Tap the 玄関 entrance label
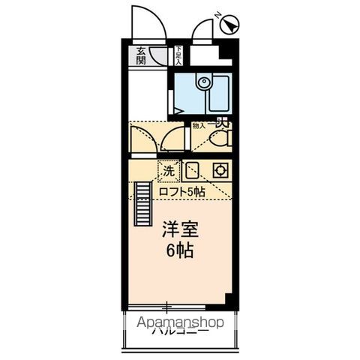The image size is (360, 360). coord(142,57)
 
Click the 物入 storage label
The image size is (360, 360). coord(198,127)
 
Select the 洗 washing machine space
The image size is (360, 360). coord(169,170)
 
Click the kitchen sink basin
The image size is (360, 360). coord(192,170)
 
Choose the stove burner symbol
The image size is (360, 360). coord(220,170)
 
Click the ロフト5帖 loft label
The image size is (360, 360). coord(181,192)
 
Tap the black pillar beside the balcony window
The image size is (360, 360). coord(232,298)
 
